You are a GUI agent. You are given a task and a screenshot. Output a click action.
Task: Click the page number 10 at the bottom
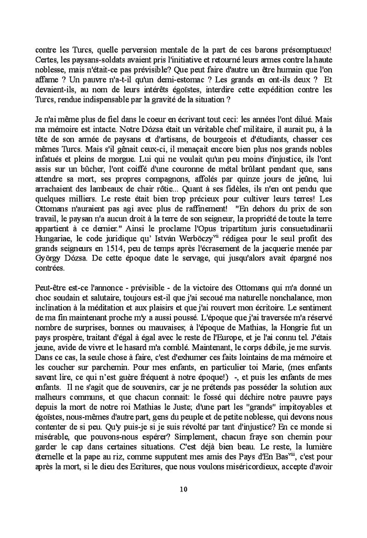pos(183,490)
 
